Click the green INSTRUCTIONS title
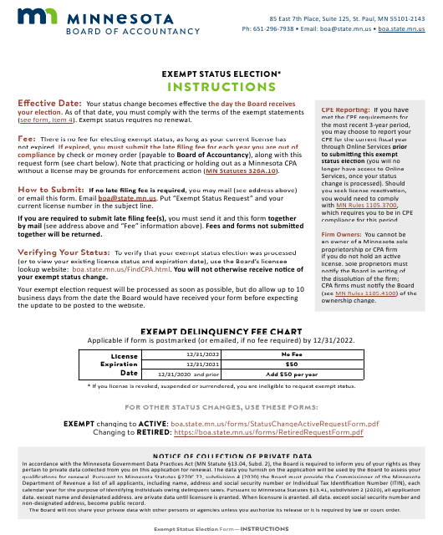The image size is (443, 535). pyautogui.click(x=221, y=86)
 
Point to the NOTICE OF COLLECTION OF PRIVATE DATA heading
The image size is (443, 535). pyautogui.click(x=221, y=455)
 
